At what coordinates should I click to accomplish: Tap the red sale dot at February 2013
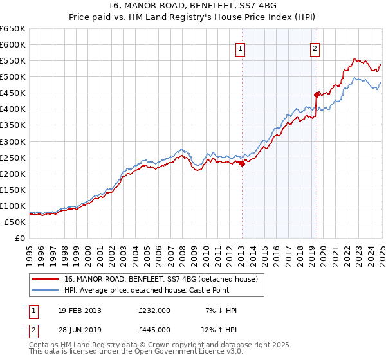242,163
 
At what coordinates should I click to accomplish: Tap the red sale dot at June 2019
317,94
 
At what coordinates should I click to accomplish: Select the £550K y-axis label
14,61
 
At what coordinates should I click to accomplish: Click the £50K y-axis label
16,222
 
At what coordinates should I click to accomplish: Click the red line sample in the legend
46,278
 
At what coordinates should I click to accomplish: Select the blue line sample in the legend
46,290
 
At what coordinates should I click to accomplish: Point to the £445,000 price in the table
154,330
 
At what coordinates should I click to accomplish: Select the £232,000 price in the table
154,310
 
